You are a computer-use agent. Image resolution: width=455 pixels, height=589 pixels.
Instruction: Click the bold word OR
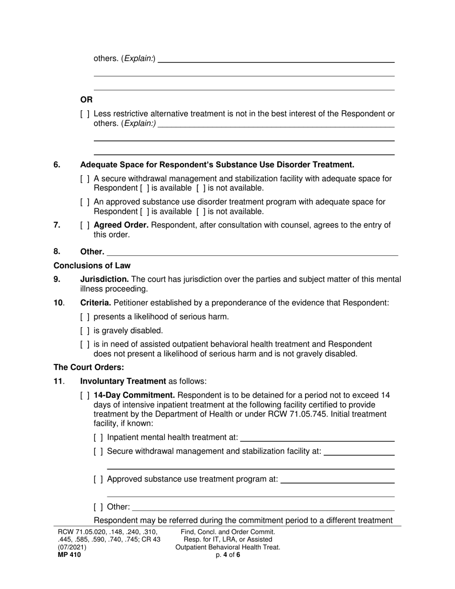(x=86, y=100)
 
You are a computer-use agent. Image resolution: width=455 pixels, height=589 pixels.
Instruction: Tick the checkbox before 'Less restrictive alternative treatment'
(x=85, y=114)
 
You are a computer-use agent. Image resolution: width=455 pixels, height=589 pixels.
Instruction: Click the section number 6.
(x=57, y=165)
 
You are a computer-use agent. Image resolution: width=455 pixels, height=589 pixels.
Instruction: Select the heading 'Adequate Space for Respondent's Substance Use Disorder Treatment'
(x=217, y=165)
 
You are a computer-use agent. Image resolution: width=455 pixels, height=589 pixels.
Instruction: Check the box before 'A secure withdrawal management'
(x=85, y=179)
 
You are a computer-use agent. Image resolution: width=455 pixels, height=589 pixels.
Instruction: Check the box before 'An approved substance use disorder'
(x=85, y=202)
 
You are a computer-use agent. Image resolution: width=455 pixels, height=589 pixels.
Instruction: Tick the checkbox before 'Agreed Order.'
(x=85, y=225)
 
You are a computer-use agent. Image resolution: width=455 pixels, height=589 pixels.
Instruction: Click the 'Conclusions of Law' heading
(x=92, y=265)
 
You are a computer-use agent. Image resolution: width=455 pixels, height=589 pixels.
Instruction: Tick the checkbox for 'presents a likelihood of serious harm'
(x=85, y=317)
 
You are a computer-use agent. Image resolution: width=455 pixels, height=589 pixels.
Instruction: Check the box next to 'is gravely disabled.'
(x=85, y=330)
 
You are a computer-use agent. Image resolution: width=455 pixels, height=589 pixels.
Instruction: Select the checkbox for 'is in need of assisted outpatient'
(x=85, y=344)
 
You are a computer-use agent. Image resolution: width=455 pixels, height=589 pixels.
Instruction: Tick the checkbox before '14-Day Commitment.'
(x=85, y=396)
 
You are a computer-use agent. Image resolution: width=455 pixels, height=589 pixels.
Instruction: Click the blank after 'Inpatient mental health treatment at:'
(x=317, y=437)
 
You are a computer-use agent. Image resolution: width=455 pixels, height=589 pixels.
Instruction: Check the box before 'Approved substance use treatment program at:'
(x=98, y=479)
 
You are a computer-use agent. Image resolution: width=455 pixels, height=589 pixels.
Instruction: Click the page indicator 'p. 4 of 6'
(x=227, y=555)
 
